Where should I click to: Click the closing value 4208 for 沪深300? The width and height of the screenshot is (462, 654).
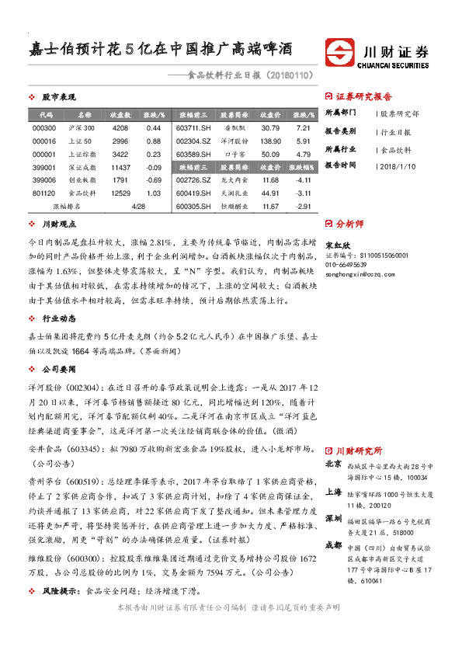pyautogui.click(x=120, y=127)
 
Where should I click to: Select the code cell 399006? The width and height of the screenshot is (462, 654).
pyautogui.click(x=44, y=179)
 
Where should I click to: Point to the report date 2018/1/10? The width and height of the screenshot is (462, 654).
pyautogui.click(x=400, y=165)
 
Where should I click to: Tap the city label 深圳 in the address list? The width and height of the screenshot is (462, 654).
pyautogui.click(x=333, y=517)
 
